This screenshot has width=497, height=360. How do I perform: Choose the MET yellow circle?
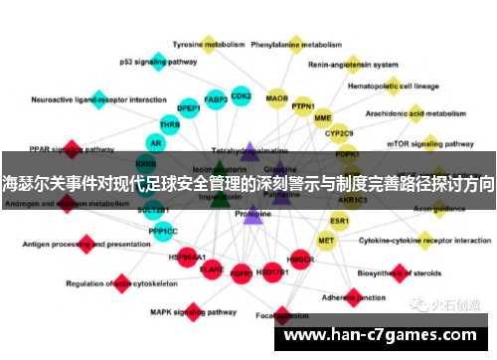(326, 240)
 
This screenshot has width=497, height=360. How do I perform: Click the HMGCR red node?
(300, 260)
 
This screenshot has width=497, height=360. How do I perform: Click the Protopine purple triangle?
(252, 214)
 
